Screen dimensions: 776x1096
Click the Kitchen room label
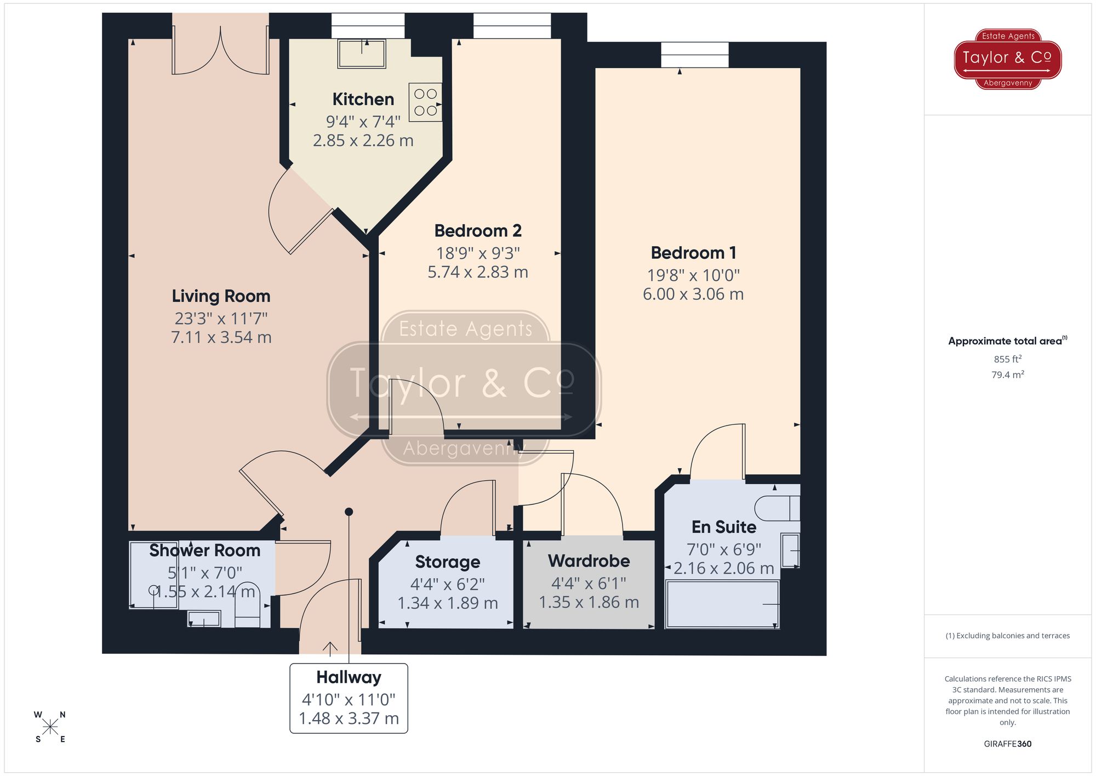click(x=363, y=99)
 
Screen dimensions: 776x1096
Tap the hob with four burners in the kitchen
click(x=425, y=102)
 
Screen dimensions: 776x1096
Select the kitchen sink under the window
click(x=362, y=53)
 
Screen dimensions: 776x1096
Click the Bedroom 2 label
click(x=478, y=231)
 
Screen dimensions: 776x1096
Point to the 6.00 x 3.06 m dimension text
click(x=693, y=294)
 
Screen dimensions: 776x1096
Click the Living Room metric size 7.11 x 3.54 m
click(x=221, y=337)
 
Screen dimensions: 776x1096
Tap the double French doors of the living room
click(x=220, y=52)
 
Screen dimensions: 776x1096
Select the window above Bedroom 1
click(x=694, y=55)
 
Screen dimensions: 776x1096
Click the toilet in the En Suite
click(x=777, y=508)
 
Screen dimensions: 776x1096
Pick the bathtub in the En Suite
click(x=722, y=604)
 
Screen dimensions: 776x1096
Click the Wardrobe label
click(x=589, y=561)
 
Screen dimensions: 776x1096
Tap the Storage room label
click(x=447, y=562)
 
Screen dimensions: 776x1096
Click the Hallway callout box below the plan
click(x=349, y=698)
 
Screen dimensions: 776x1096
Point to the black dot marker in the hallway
click(x=349, y=512)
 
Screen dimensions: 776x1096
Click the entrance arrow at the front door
click(x=330, y=648)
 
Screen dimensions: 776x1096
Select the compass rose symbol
click(x=50, y=727)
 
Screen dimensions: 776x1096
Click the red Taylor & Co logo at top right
click(x=1007, y=59)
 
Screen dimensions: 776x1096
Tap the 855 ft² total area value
click(x=1007, y=359)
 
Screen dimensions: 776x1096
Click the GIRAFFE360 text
click(x=1007, y=744)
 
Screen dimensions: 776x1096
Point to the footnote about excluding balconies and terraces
click(x=1007, y=636)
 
